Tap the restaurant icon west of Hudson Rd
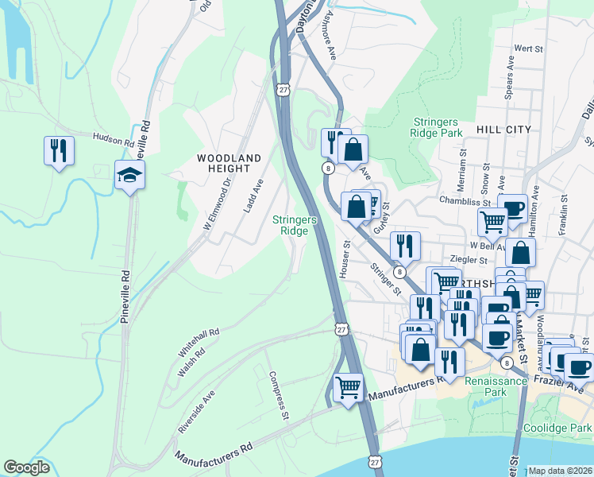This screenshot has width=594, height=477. tap(59, 149)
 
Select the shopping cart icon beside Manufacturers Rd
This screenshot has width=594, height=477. tap(348, 388)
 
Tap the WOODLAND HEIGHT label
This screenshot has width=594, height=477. tap(229, 165)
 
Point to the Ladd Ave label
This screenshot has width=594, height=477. tap(253, 196)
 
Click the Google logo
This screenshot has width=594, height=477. tap(27, 467)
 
